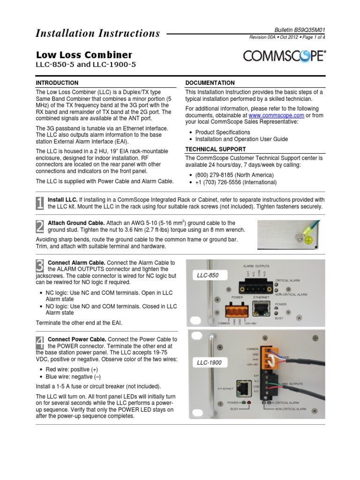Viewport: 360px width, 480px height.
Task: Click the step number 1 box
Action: tap(40, 202)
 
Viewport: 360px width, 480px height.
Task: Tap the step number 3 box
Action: tap(40, 266)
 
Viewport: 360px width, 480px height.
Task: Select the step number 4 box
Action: tap(40, 342)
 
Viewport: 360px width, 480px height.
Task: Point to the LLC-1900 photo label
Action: tap(210, 363)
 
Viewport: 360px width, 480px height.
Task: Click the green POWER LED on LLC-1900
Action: tap(243, 403)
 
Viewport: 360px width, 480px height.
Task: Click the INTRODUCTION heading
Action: tap(57, 82)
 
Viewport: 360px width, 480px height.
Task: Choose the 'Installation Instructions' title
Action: tap(98, 33)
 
